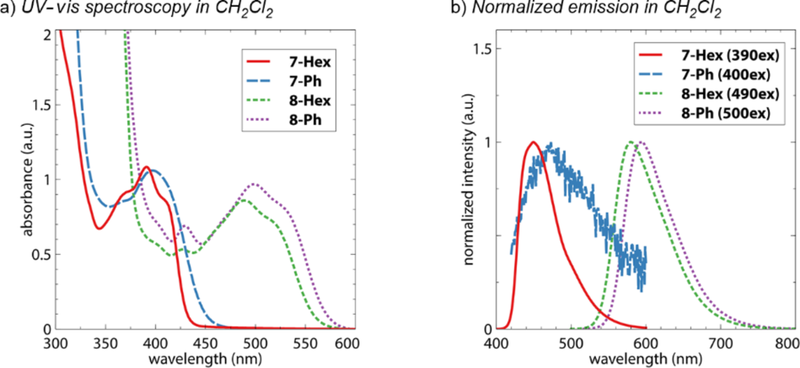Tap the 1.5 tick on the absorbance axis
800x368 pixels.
(x=39, y=105)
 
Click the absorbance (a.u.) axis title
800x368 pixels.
(x=28, y=180)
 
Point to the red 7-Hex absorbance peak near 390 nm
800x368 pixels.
(x=146, y=166)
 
